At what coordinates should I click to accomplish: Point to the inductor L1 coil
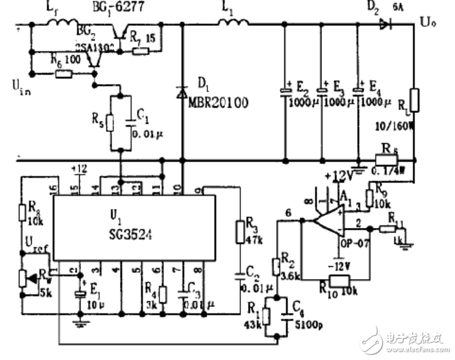(231, 23)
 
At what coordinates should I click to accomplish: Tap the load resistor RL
(414, 101)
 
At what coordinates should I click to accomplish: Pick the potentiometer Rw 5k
(24, 278)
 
